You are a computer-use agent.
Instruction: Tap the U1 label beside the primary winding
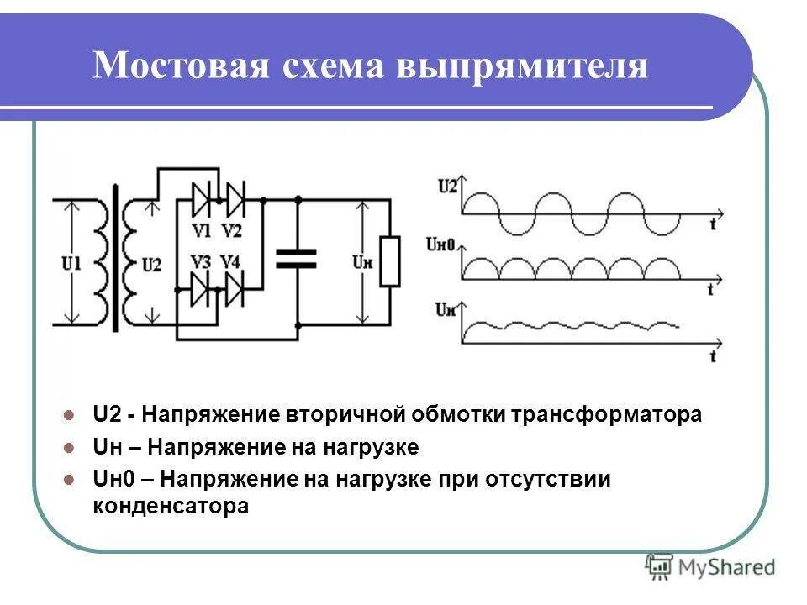coord(71,264)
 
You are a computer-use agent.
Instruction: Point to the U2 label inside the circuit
coord(152,264)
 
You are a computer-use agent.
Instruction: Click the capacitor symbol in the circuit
coord(297,258)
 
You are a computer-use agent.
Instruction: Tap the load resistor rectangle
coord(389,261)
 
